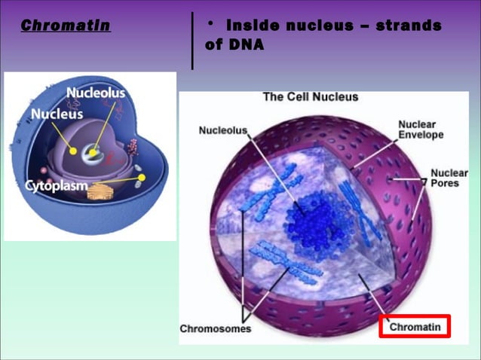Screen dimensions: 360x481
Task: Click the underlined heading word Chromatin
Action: click(66, 26)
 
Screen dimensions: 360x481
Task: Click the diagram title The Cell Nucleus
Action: click(310, 97)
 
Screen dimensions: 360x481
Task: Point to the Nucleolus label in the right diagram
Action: click(222, 130)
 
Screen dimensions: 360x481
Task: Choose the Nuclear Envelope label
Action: click(421, 130)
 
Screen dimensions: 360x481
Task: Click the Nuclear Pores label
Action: click(449, 178)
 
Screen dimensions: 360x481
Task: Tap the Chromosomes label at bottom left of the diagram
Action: click(215, 329)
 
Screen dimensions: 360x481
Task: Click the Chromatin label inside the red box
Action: click(414, 327)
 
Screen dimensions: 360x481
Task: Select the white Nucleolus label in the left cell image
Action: click(96, 93)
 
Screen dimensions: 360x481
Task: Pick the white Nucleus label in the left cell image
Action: click(57, 114)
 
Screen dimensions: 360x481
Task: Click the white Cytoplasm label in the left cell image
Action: click(57, 185)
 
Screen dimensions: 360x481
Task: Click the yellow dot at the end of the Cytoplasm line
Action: click(142, 178)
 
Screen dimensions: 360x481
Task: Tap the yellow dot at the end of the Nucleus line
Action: click(73, 151)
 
